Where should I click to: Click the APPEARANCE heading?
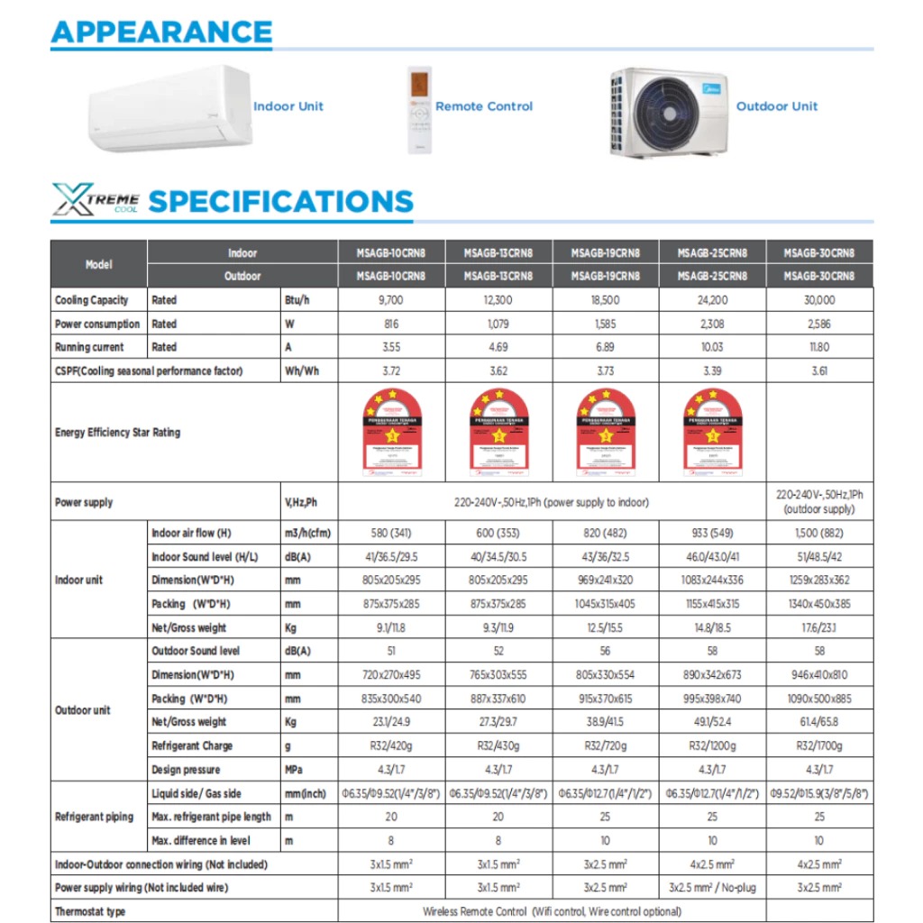pyautogui.click(x=161, y=32)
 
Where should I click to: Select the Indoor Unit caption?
pyautogui.click(x=288, y=106)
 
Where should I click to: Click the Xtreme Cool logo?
pyautogui.click(x=95, y=199)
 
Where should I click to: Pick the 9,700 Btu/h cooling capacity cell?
pyautogui.click(x=390, y=300)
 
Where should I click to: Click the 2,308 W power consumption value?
pyautogui.click(x=712, y=324)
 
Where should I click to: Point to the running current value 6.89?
pyautogui.click(x=605, y=347)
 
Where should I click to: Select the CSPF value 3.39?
pyautogui.click(x=712, y=370)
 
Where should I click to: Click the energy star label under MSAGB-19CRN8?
pyautogui.click(x=605, y=432)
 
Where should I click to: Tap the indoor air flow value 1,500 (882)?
pyautogui.click(x=818, y=533)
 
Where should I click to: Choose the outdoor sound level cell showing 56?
pyautogui.click(x=605, y=651)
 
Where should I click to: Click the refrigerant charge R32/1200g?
pyautogui.click(x=712, y=745)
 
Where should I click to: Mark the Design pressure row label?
pyautogui.click(x=192, y=770)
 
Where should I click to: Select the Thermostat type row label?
pyautogui.click(x=90, y=911)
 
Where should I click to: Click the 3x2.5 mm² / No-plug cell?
pyautogui.click(x=712, y=888)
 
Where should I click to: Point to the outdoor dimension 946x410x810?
pyautogui.click(x=818, y=674)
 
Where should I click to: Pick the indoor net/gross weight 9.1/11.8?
pyautogui.click(x=390, y=627)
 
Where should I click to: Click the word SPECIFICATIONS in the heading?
pyautogui.click(x=280, y=201)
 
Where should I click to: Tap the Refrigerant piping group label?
pyautogui.click(x=94, y=817)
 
